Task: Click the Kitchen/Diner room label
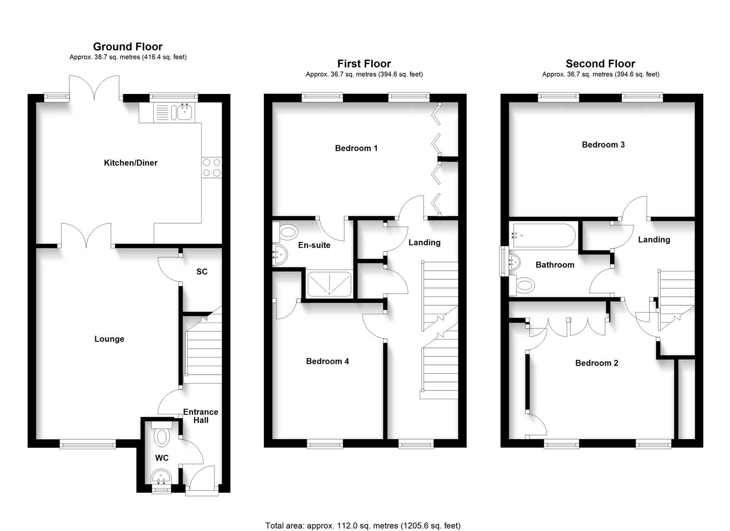130,163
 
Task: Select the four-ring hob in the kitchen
211,167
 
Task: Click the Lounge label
109,339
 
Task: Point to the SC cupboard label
202,271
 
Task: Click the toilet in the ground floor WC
161,436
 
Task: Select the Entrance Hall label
201,416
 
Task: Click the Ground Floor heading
128,47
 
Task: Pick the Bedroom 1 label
356,148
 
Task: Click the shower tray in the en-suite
329,284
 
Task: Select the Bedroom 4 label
327,361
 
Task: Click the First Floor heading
364,64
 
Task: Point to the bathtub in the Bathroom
543,236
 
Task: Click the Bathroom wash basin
516,261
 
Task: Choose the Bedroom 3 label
603,145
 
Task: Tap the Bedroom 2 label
597,363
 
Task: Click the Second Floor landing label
654,239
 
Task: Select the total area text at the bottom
363,526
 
